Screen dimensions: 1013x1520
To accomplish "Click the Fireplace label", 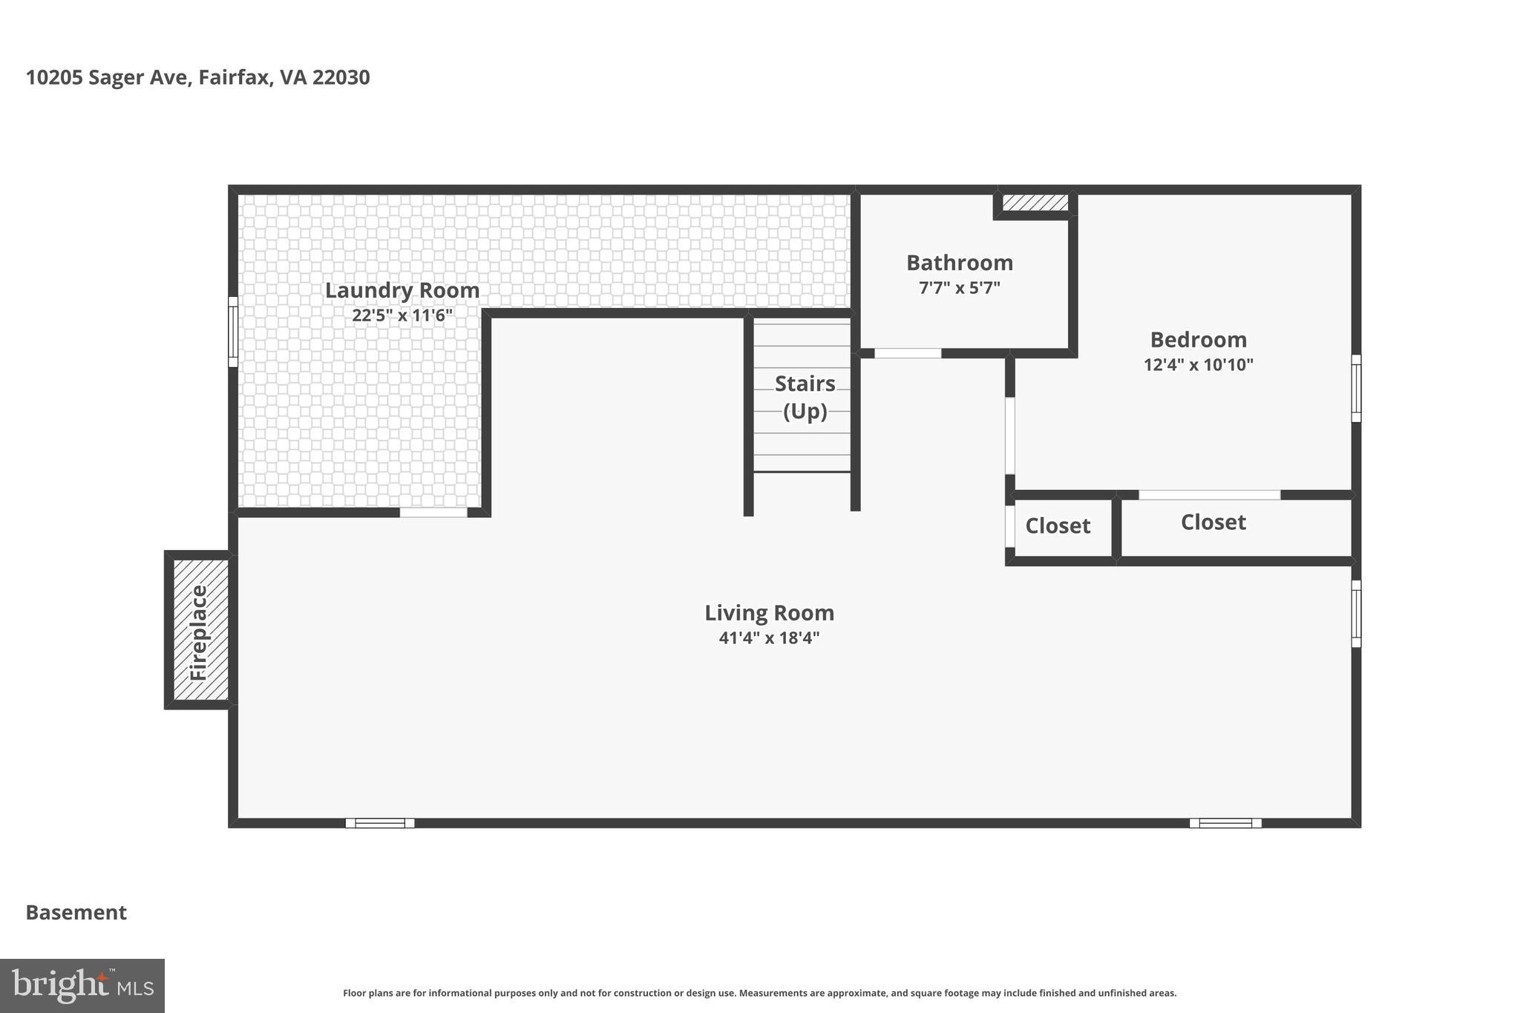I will [x=199, y=633].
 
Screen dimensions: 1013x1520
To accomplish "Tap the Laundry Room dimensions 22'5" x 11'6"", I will [x=402, y=315].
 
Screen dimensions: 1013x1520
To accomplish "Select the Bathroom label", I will [x=959, y=263].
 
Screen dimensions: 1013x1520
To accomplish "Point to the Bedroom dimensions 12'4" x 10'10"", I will [x=1198, y=364].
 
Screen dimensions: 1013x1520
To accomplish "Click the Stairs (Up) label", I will [x=805, y=397].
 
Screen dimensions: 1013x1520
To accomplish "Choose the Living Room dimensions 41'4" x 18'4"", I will [x=769, y=637].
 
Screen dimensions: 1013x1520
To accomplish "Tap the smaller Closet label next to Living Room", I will [x=1058, y=526].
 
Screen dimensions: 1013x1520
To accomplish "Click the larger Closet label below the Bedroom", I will [x=1213, y=522].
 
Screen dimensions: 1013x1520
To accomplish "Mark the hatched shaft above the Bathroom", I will [x=1035, y=203].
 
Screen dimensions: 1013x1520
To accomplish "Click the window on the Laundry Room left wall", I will [x=233, y=332].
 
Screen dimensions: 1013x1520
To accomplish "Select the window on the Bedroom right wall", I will [x=1355, y=388].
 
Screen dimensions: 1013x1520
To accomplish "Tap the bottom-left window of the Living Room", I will [x=380, y=823].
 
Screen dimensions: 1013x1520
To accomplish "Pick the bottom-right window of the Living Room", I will [x=1225, y=823].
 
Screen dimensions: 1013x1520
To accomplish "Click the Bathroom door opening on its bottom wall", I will [x=908, y=353].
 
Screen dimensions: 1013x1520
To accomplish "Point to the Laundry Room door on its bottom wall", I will [x=433, y=512].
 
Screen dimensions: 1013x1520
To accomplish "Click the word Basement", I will [x=76, y=913].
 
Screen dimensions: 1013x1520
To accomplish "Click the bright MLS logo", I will [x=82, y=986].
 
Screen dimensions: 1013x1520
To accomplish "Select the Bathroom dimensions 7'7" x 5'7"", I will [x=959, y=288].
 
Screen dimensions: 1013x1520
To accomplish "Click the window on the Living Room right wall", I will [x=1355, y=614].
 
